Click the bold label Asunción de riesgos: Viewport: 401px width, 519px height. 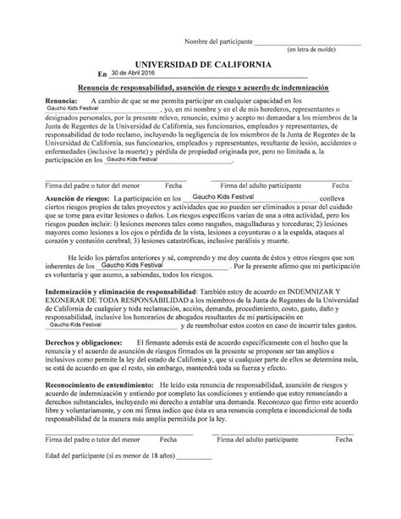tap(73, 196)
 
